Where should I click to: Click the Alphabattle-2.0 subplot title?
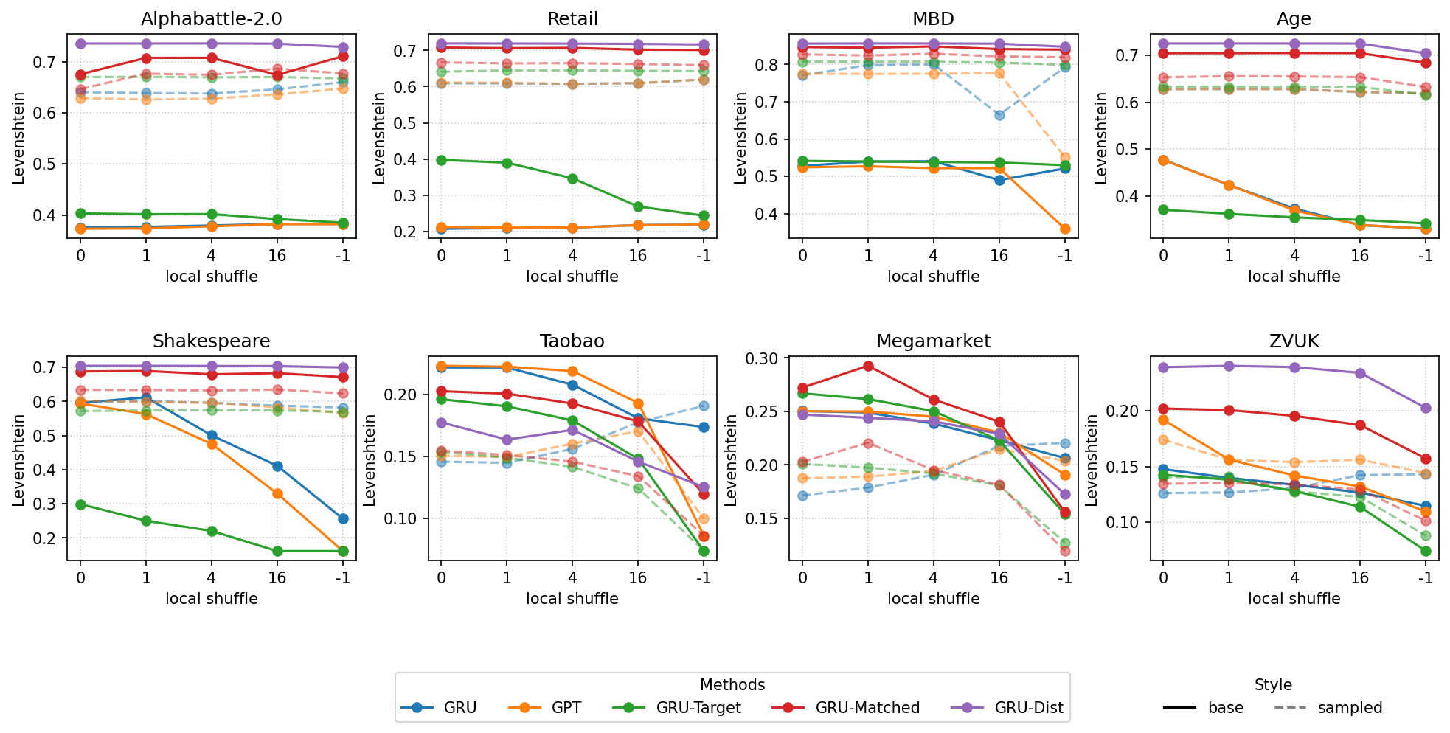click(x=211, y=19)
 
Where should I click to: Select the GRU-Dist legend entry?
click(x=1029, y=708)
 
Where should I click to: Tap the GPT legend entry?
click(x=566, y=708)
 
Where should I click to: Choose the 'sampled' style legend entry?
click(x=1350, y=708)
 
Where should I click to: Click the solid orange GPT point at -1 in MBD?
click(x=1064, y=229)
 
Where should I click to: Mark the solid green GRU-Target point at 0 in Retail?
click(x=441, y=160)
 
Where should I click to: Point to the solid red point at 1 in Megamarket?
click(x=868, y=366)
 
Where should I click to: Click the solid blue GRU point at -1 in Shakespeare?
click(x=343, y=518)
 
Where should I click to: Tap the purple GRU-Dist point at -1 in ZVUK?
click(x=1426, y=408)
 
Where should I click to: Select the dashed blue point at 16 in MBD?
click(x=999, y=115)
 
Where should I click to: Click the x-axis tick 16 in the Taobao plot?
click(x=638, y=578)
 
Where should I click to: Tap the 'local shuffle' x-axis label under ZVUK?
click(x=1294, y=599)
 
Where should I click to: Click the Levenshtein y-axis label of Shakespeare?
click(x=18, y=459)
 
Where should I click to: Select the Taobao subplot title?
click(x=572, y=341)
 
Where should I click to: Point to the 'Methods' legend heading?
click(x=732, y=685)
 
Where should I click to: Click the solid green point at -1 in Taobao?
click(x=704, y=551)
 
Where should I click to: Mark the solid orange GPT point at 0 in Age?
click(x=1163, y=160)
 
